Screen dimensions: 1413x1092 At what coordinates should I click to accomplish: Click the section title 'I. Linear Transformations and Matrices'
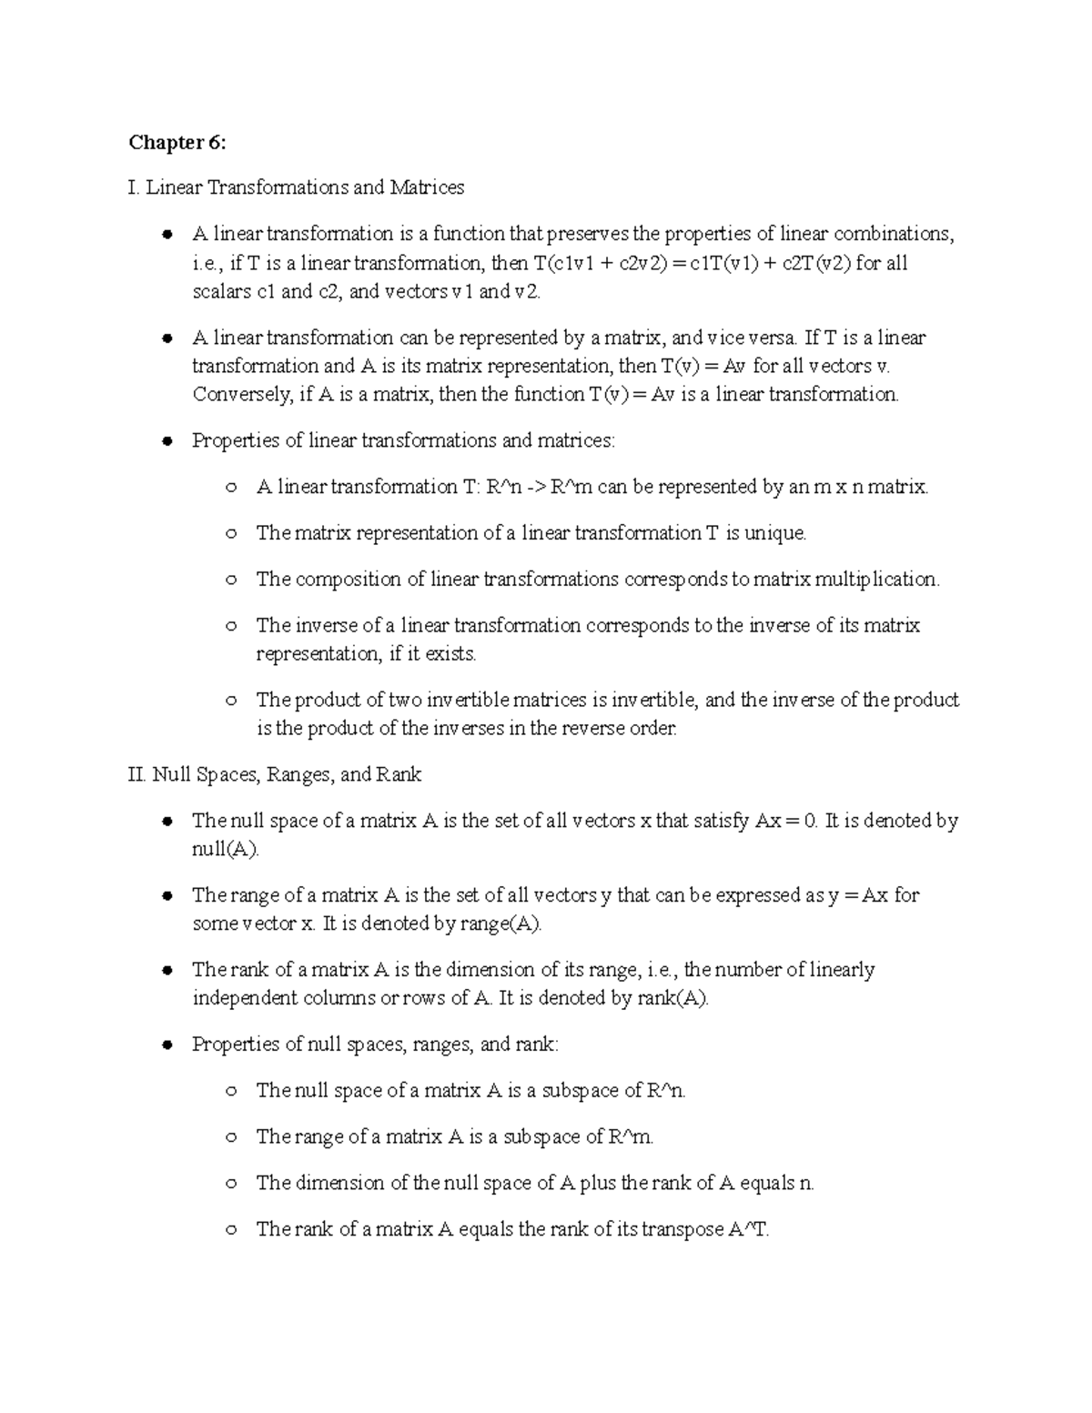(x=297, y=187)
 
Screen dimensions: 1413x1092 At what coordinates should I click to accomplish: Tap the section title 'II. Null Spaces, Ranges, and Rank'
(x=276, y=775)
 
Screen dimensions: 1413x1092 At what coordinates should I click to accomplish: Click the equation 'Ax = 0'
(x=786, y=822)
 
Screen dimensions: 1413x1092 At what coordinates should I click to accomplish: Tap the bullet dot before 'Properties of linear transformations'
(x=167, y=441)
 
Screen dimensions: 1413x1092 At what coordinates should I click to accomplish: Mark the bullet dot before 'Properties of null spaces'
(x=167, y=1045)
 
